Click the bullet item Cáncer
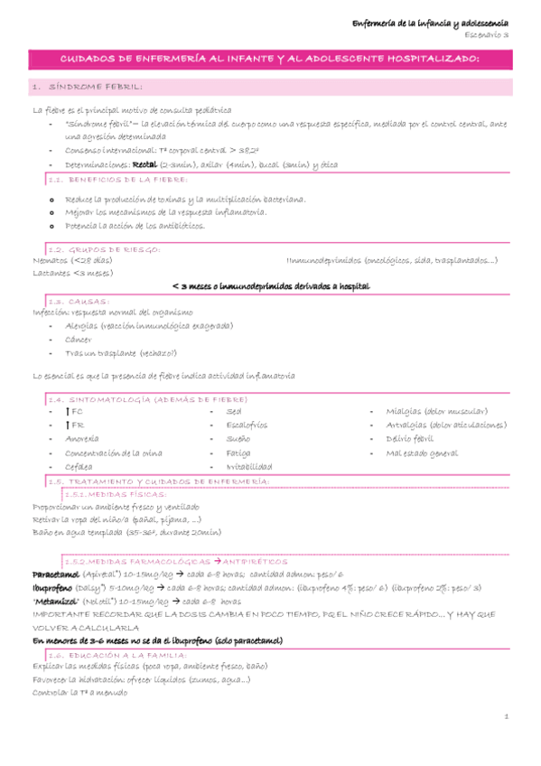point(80,340)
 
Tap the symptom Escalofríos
point(247,425)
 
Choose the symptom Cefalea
point(79,466)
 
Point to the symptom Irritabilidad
point(249,466)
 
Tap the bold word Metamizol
point(59,601)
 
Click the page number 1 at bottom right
point(508,716)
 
